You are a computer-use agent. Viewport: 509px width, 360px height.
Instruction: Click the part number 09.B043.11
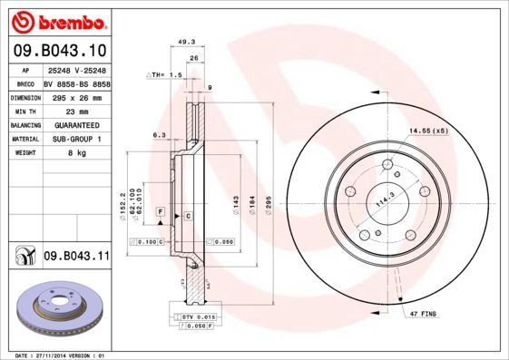(75, 258)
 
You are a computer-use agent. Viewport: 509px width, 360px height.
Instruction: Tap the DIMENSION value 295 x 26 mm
(76, 96)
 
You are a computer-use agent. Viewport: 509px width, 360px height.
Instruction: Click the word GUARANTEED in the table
(76, 124)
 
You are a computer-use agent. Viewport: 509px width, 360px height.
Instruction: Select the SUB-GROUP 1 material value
(76, 139)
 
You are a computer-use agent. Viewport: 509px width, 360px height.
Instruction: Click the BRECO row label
(25, 82)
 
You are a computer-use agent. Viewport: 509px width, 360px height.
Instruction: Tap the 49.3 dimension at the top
(187, 41)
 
